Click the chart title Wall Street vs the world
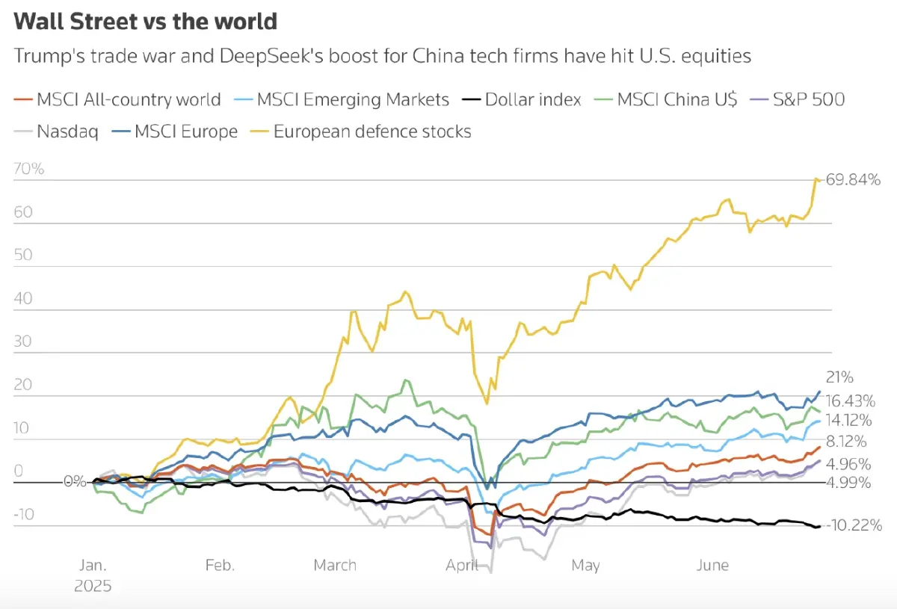tap(146, 22)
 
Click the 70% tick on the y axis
tap(28, 169)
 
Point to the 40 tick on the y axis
tap(23, 298)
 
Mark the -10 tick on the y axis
tap(24, 514)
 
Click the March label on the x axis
tap(335, 565)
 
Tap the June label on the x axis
tap(712, 565)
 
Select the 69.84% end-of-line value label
tap(853, 180)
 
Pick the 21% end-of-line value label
tap(839, 377)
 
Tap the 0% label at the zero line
tap(75, 481)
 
